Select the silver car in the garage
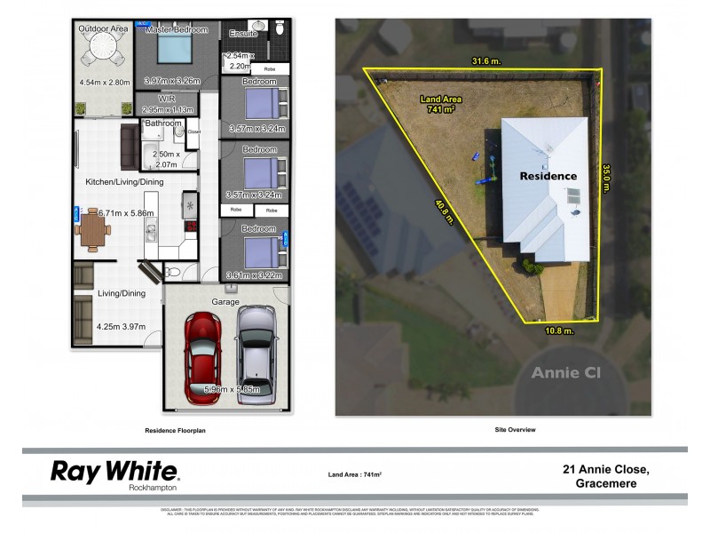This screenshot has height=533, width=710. [256, 352]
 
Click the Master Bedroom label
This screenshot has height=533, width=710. [176, 29]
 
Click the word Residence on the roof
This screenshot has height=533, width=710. [548, 176]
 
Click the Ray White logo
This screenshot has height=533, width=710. [114, 473]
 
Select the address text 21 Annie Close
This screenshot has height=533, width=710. [605, 470]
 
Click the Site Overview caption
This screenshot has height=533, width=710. [515, 430]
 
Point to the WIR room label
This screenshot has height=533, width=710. [166, 99]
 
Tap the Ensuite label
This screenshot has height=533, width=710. [242, 33]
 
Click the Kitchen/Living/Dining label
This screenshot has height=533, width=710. [124, 182]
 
